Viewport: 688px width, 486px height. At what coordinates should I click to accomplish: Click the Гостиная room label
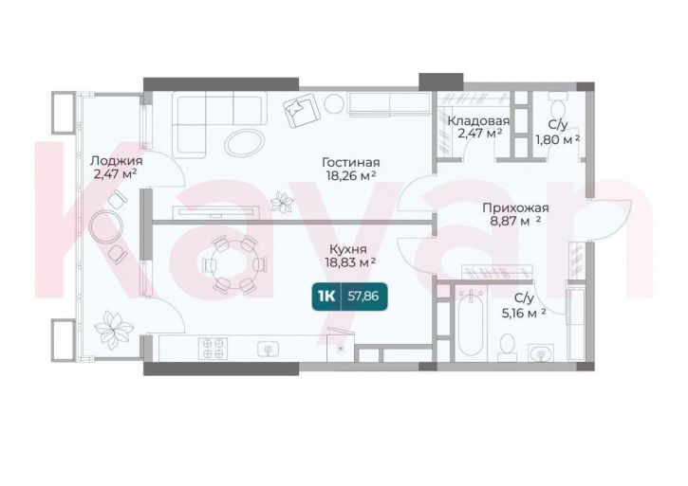350,163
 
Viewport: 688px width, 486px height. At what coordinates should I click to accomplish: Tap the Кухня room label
348,249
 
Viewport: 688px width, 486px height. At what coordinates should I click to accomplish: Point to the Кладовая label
478,120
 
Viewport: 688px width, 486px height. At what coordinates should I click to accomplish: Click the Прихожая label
515,207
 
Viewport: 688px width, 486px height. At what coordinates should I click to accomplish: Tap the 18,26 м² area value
350,175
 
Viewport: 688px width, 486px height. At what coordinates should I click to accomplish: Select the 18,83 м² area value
350,262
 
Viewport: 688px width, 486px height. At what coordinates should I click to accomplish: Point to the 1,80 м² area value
558,139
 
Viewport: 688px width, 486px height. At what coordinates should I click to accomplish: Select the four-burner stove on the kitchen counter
213,349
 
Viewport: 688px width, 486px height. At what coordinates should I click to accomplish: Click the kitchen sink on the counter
269,350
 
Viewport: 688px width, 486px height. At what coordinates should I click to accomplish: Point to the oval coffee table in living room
245,141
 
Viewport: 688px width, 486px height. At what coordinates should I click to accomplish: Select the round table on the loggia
105,225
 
